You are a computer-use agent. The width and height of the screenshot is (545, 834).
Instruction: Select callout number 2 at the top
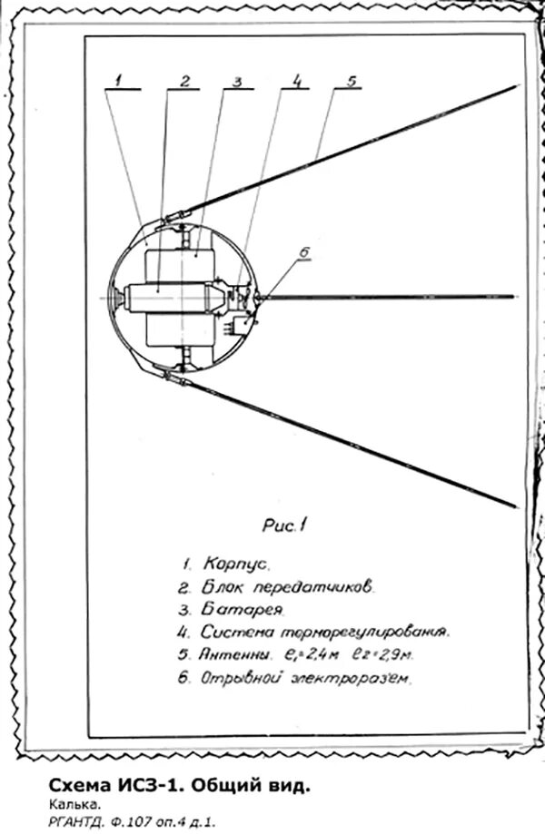pos(184,81)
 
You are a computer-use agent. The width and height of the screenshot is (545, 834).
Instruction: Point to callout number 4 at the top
pos(295,81)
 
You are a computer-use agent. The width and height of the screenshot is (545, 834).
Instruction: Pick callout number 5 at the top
pos(351,80)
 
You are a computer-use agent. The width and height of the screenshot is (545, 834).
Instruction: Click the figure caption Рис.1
pos(287,524)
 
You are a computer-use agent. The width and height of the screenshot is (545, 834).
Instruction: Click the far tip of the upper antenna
pos(514,86)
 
